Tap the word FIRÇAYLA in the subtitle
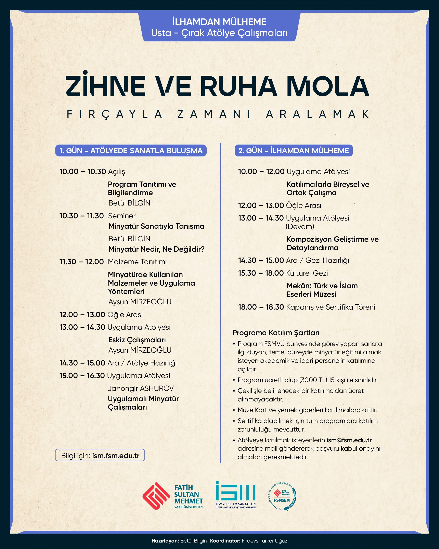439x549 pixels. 115,114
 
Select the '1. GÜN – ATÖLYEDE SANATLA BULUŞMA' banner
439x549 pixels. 131,150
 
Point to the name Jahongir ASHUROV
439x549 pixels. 141,388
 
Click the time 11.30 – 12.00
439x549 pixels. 81,262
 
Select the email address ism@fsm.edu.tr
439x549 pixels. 349,440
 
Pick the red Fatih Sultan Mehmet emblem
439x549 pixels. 156,496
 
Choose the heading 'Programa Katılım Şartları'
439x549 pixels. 276,333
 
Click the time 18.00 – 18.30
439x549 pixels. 261,307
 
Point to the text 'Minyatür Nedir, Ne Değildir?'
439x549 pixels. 156,249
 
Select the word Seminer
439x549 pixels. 122,216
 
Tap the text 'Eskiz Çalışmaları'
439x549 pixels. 137,340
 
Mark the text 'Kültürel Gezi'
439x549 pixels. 307,273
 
